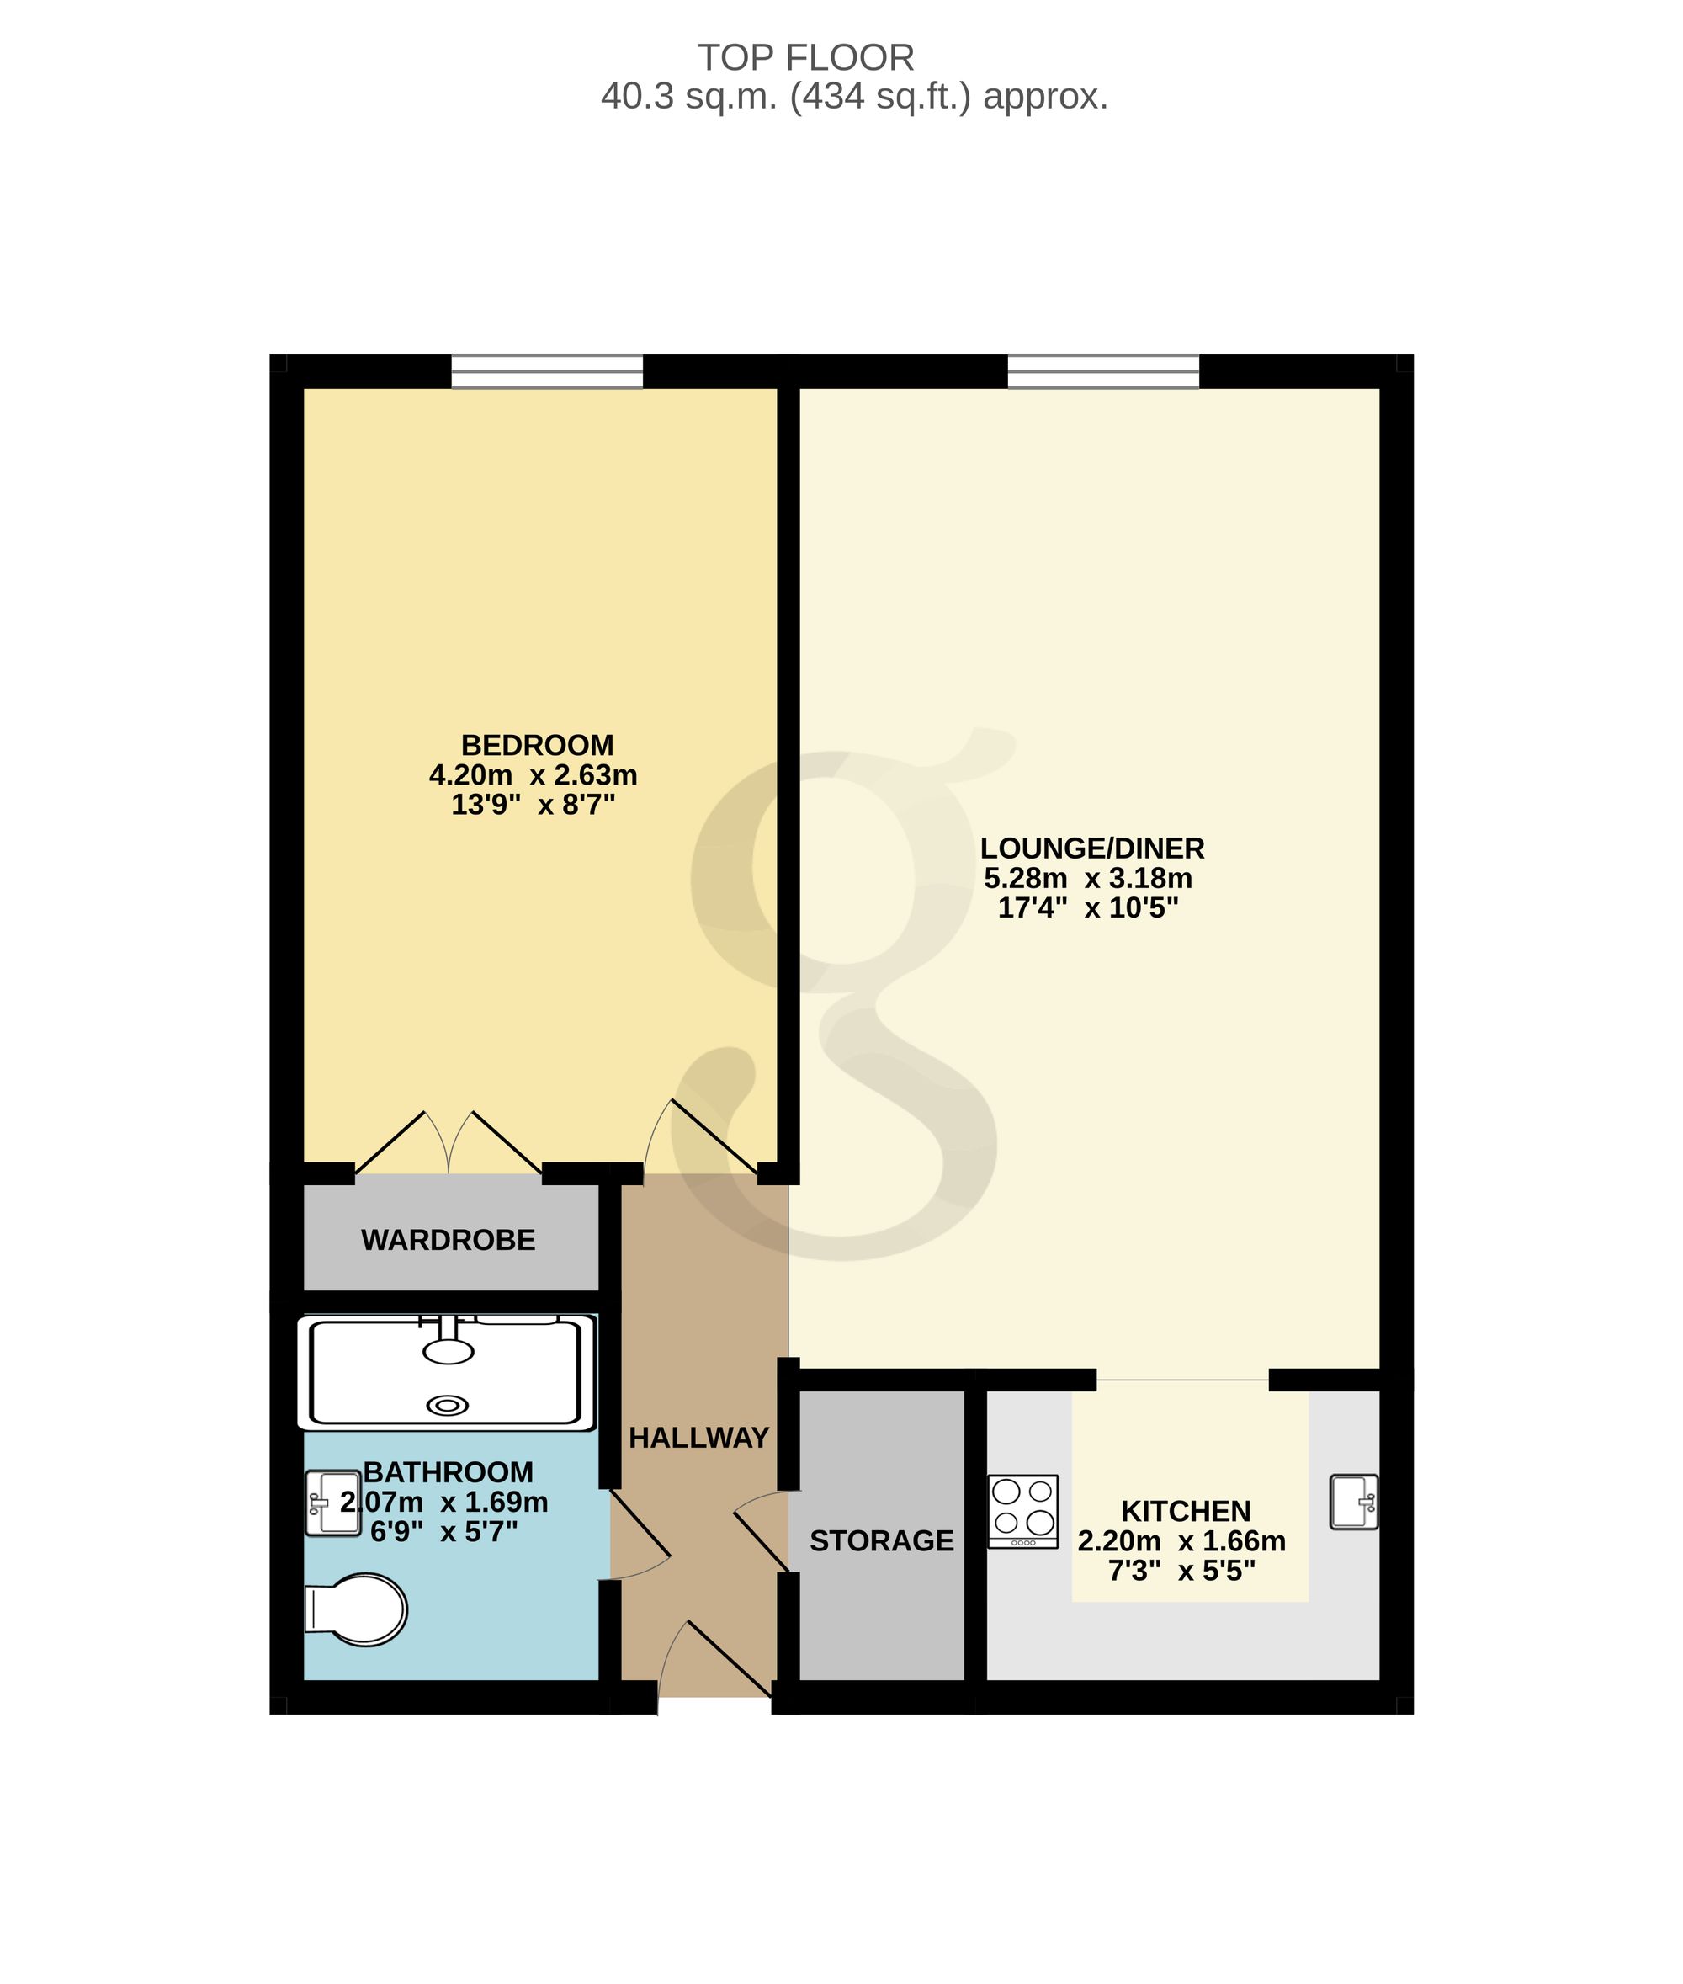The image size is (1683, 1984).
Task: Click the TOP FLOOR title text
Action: click(806, 58)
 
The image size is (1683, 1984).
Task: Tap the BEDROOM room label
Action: click(537, 745)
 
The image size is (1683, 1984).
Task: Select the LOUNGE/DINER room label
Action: click(1092, 848)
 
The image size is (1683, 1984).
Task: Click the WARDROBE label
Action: click(449, 1240)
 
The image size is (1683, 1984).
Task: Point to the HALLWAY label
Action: click(698, 1437)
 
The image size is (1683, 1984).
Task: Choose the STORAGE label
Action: click(882, 1540)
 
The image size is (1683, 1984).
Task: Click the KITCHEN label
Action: click(1186, 1511)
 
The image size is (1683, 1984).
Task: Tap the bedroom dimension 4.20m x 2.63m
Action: click(534, 775)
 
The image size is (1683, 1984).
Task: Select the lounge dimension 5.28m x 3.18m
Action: click(1088, 878)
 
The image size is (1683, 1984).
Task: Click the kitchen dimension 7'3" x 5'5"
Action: click(1182, 1570)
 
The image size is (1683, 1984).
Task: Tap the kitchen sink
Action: click(1354, 1502)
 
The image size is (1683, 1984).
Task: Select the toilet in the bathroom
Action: click(355, 1610)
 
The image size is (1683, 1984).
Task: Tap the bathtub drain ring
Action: click(448, 1405)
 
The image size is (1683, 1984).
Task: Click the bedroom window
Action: click(547, 371)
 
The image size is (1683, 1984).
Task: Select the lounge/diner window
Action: click(1103, 371)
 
